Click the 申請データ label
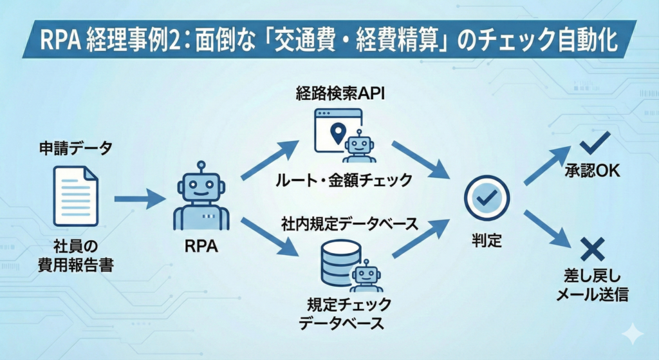pos(75,149)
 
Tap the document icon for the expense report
pos(75,196)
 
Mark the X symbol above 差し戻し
pos(590,249)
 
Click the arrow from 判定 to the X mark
pos(546,229)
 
